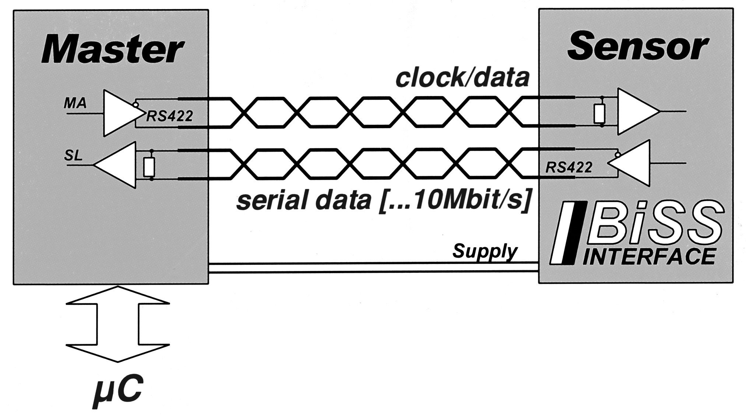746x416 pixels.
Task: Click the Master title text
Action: (112, 50)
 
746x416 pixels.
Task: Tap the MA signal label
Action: (75, 103)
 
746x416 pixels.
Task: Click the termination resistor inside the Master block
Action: (149, 167)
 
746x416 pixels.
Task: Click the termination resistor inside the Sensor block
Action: (599, 113)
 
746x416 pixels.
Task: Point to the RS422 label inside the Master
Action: (170, 116)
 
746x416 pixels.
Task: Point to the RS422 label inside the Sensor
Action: (569, 168)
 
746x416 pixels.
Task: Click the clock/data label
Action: (462, 78)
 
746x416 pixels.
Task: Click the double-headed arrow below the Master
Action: (118, 324)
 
